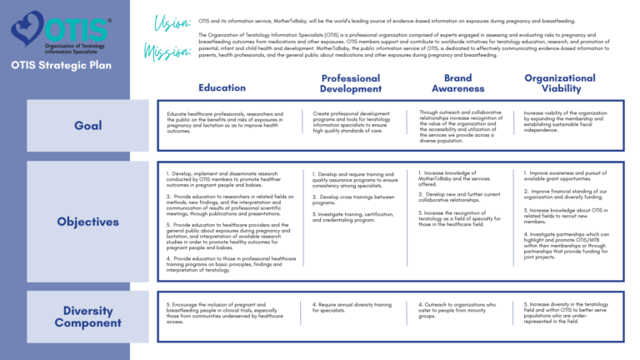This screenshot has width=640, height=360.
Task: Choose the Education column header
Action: point(222,87)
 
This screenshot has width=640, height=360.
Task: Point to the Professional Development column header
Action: point(350,83)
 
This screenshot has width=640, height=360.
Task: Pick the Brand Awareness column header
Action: point(457,83)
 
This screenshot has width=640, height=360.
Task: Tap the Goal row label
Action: point(88,126)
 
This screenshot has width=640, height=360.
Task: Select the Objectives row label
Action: point(88,222)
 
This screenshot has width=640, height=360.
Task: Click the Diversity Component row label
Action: point(88,317)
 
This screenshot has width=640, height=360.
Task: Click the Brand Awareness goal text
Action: point(462,127)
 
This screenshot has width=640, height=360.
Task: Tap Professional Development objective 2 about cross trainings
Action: point(353,199)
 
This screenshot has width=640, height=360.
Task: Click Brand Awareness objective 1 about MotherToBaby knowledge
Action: point(458,179)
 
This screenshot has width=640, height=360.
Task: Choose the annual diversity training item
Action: point(349,307)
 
